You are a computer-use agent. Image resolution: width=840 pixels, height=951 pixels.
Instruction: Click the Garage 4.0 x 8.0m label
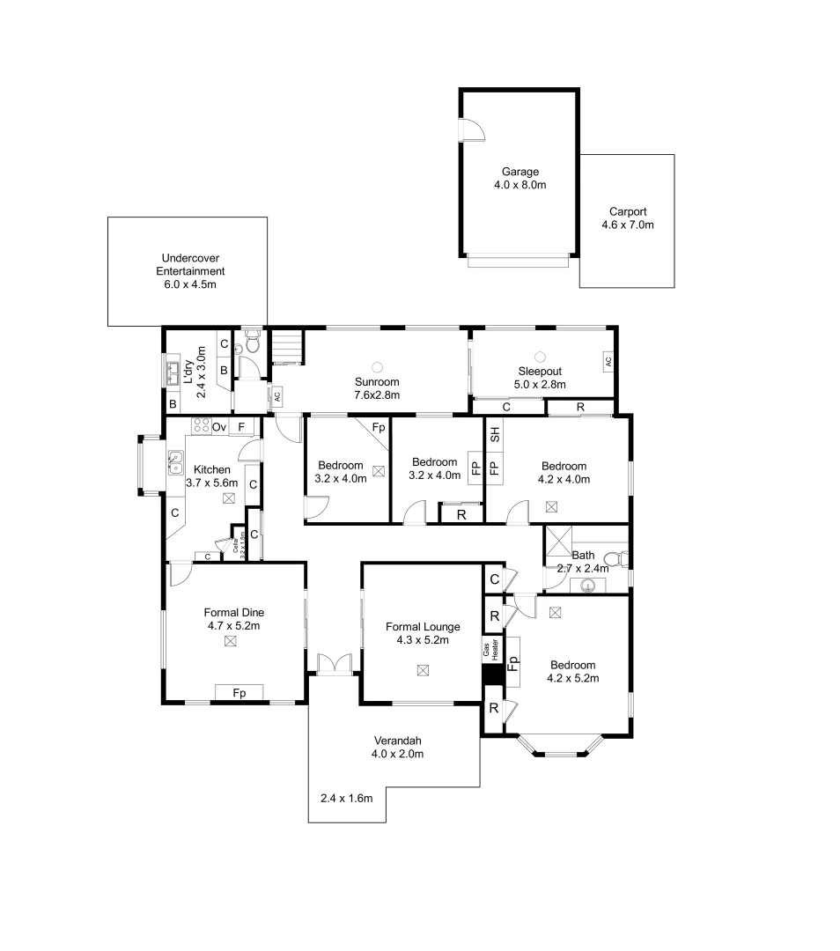[520, 179]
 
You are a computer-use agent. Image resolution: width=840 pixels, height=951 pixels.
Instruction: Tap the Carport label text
[628, 217]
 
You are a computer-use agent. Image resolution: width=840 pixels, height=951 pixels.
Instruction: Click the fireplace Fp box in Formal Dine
[239, 693]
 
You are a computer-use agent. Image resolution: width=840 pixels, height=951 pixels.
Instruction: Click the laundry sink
[174, 370]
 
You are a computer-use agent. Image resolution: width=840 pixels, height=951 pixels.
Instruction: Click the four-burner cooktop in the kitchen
[202, 427]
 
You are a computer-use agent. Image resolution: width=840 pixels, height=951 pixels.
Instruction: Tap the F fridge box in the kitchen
[242, 427]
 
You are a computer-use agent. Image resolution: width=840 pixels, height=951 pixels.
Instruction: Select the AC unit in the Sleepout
[608, 361]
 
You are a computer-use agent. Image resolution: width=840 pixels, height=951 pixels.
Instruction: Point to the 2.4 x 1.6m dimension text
[347, 799]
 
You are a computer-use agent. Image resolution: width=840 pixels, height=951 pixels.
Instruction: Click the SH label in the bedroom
[494, 434]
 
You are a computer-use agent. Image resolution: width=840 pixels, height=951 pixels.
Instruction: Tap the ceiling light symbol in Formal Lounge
[423, 670]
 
